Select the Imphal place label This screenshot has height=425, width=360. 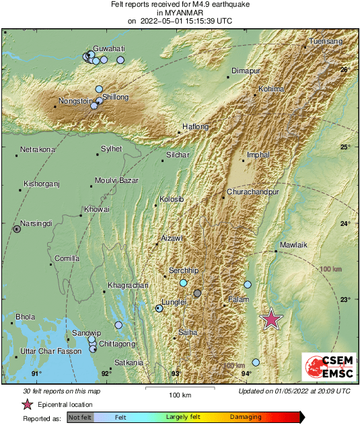point(258,155)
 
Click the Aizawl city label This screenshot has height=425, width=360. point(172,239)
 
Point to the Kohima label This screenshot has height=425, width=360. point(272,89)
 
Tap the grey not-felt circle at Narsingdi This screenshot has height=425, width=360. point(17,229)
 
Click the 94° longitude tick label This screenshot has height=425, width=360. point(246,373)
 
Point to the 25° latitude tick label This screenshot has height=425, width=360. point(345,147)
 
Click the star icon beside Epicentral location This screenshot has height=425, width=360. point(28,404)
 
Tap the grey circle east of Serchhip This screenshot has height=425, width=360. point(197,293)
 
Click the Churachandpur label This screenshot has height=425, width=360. point(254,192)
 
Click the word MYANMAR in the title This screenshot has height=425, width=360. point(180,13)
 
